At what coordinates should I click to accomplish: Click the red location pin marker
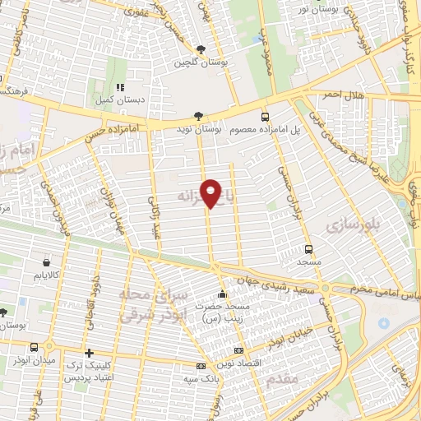tap(212, 193)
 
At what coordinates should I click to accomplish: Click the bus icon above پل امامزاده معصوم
tap(265, 117)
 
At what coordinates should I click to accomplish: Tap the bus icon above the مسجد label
tap(308, 248)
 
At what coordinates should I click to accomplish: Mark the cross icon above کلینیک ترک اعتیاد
tap(89, 353)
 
